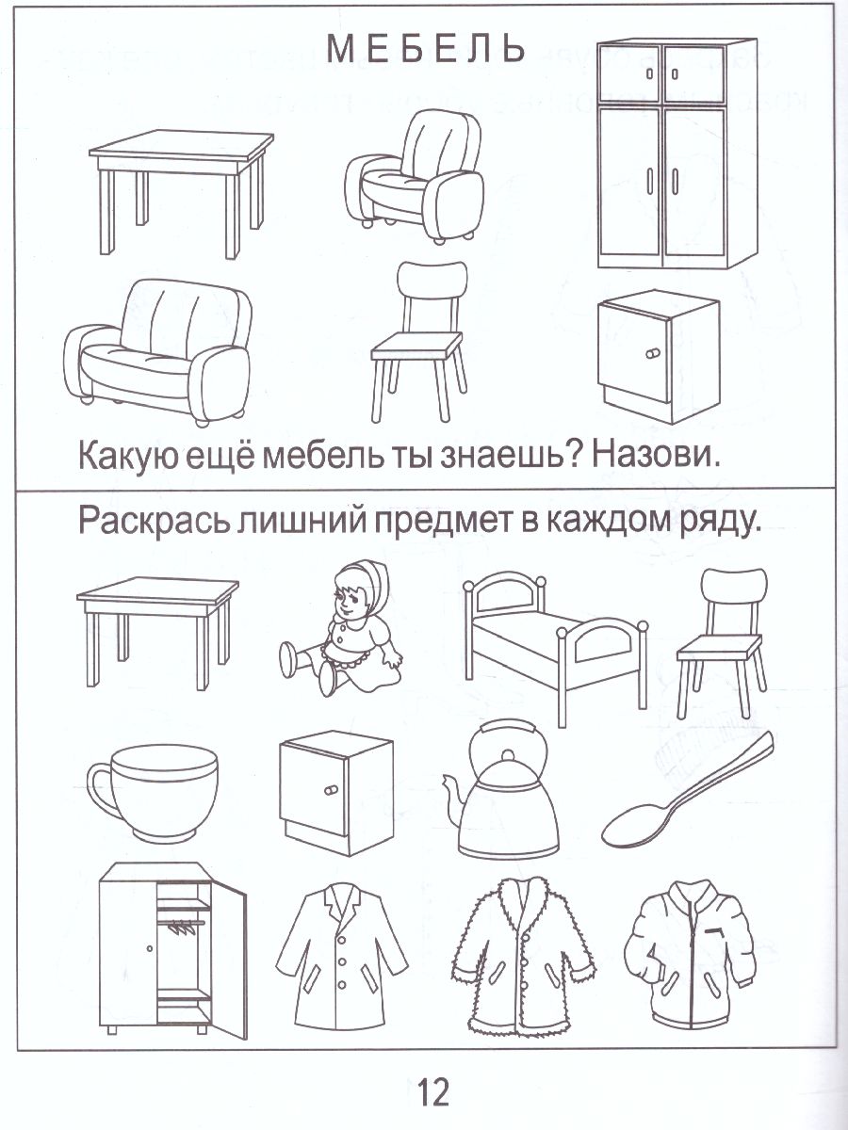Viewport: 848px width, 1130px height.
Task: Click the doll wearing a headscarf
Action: (x=346, y=626)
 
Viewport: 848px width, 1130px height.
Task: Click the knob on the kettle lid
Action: (x=508, y=755)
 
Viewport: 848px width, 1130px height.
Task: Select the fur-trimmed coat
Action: (x=523, y=951)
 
